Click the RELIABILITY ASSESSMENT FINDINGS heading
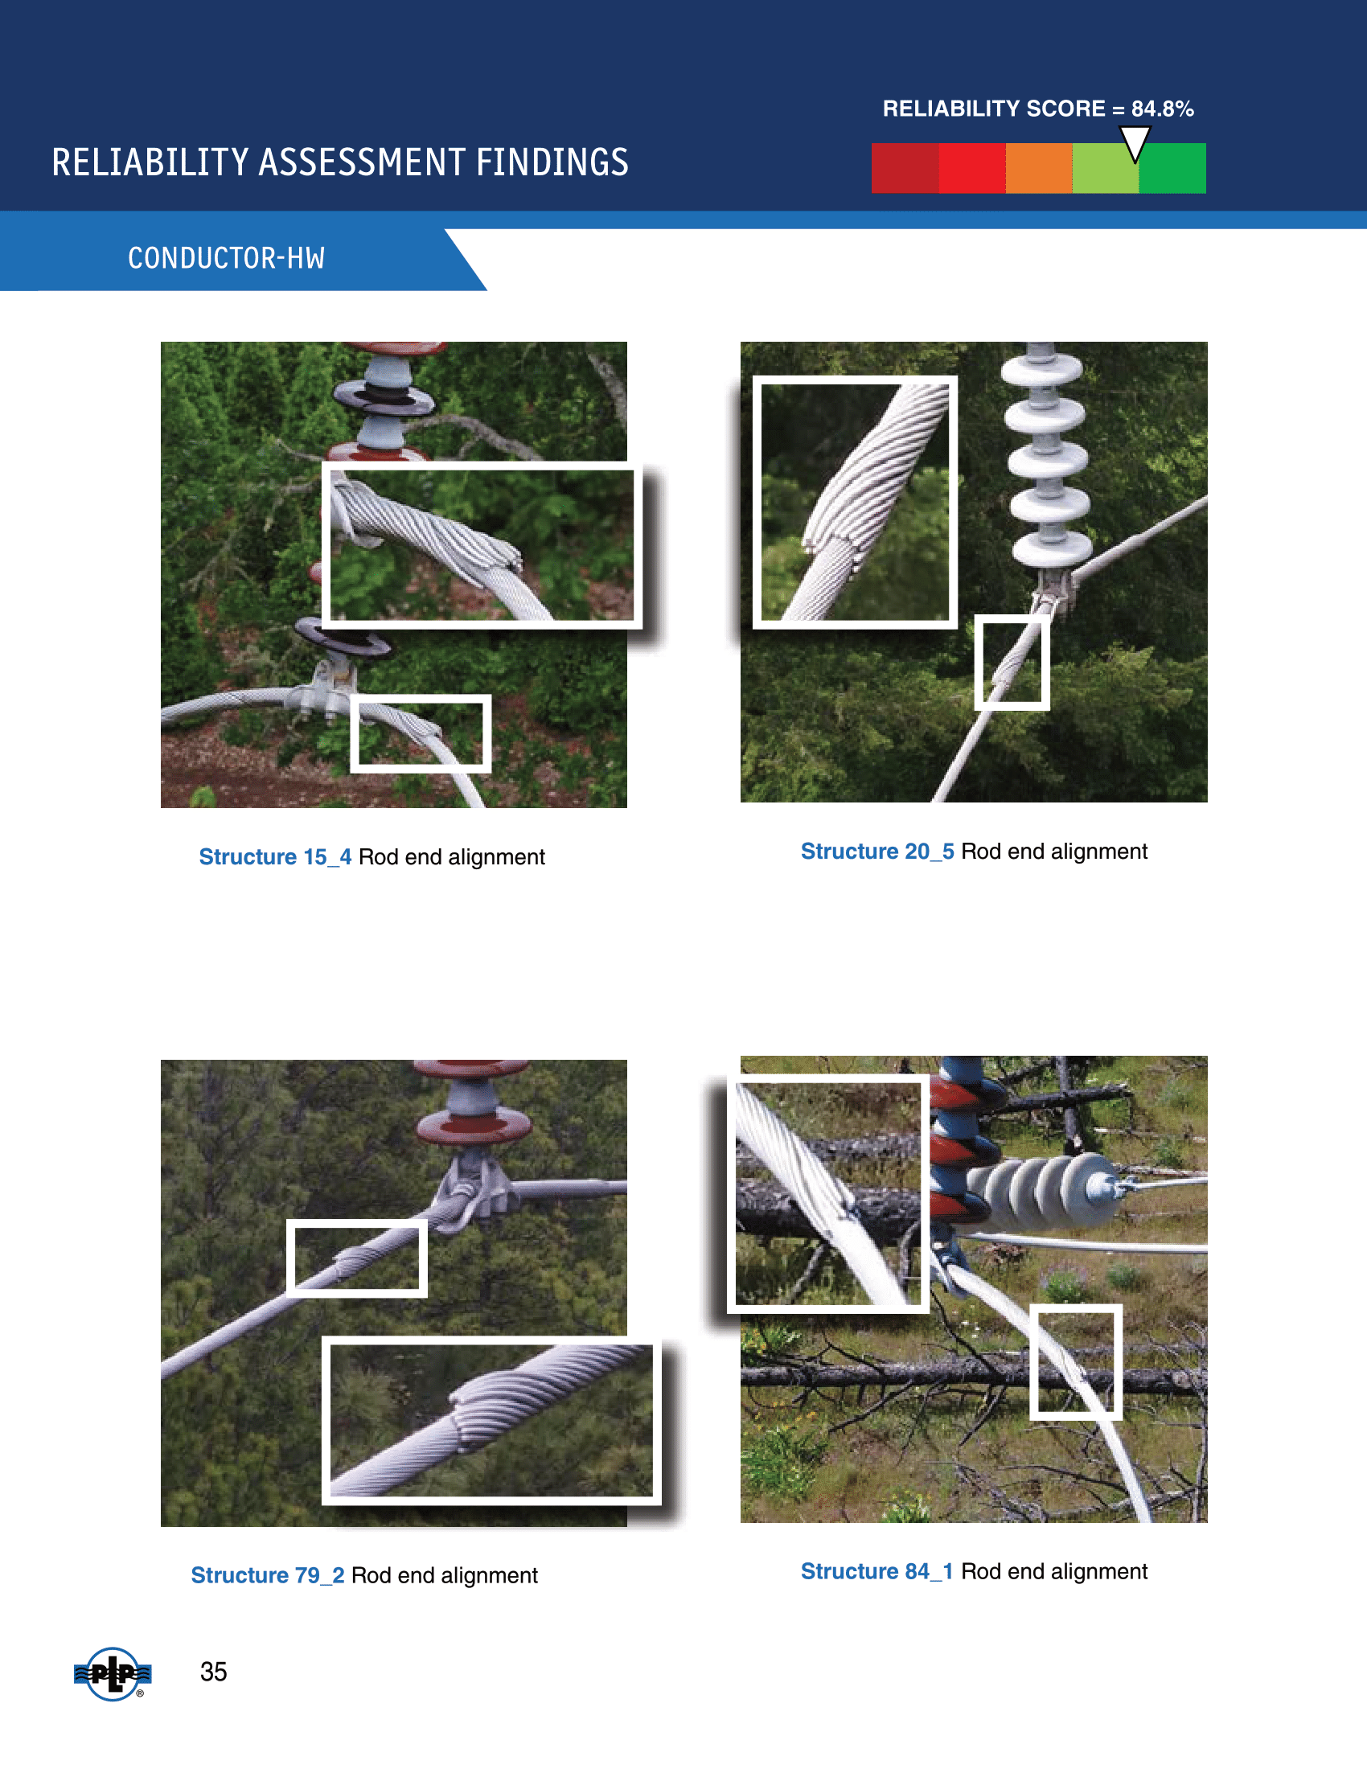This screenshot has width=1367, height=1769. pyautogui.click(x=340, y=162)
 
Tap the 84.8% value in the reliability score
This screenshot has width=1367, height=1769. pyautogui.click(x=1162, y=109)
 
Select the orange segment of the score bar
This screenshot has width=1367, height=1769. pyautogui.click(x=1039, y=169)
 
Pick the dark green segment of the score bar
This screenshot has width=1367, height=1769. pyautogui.click(x=1172, y=169)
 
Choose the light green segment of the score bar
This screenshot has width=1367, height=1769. pyautogui.click(x=1106, y=169)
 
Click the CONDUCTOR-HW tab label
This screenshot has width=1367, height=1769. pyautogui.click(x=227, y=258)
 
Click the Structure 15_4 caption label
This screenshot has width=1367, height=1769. pyautogui.click(x=275, y=857)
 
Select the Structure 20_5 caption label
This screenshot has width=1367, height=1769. pyautogui.click(x=877, y=852)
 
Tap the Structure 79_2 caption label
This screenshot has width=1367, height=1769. pyautogui.click(x=267, y=1575)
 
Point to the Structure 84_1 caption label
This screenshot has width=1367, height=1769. pyautogui.click(x=876, y=1571)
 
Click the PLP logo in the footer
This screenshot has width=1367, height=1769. pyautogui.click(x=113, y=1673)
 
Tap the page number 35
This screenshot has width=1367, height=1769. pyautogui.click(x=214, y=1672)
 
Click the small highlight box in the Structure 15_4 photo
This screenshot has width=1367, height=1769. pyautogui.click(x=355, y=733)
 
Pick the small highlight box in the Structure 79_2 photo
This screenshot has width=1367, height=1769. pyautogui.click(x=291, y=1258)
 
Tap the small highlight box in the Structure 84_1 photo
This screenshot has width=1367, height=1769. pyautogui.click(x=1034, y=1361)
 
